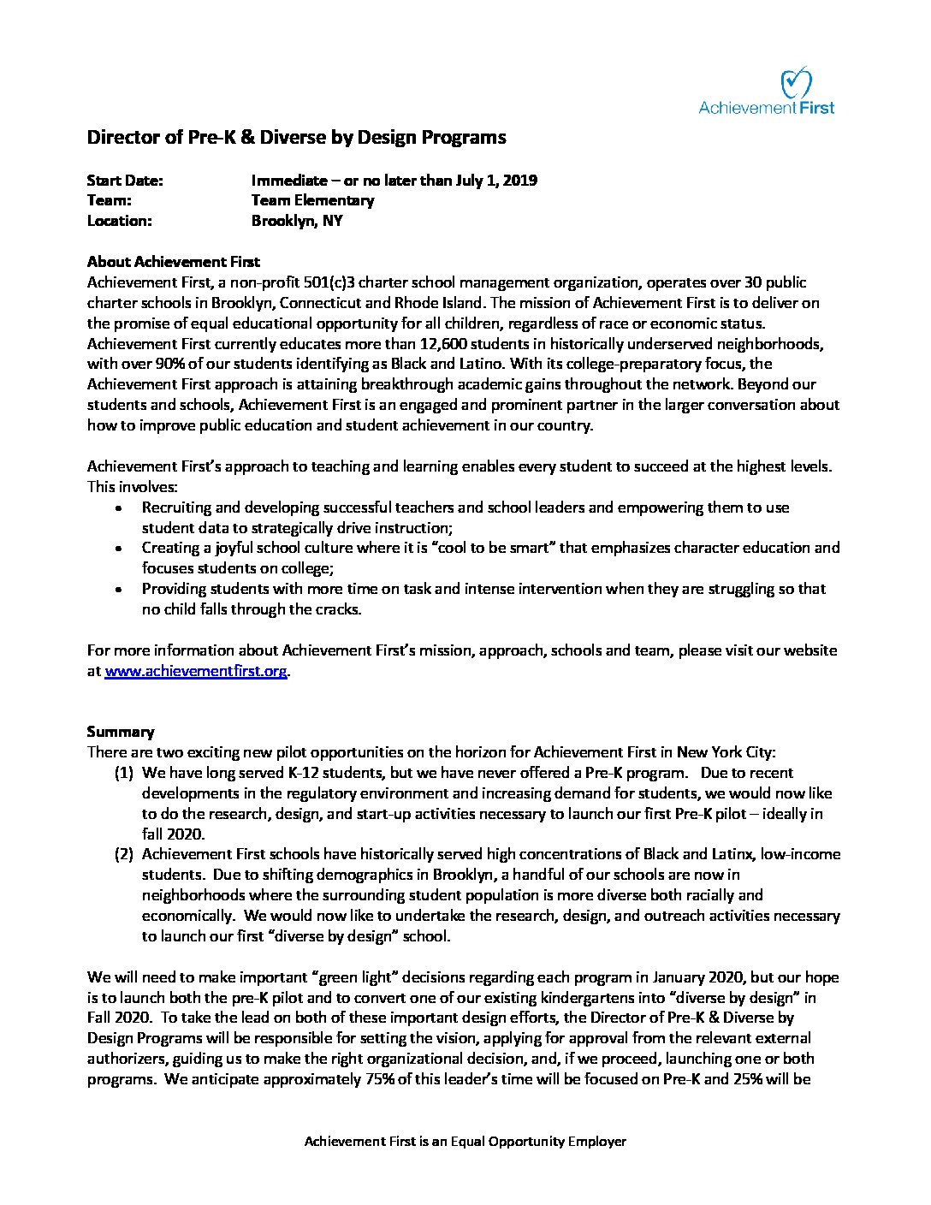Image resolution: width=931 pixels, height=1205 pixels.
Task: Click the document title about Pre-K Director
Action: coord(296,137)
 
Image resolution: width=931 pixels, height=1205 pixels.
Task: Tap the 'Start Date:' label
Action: coord(125,181)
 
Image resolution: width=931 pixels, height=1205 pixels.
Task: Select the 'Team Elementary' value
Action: coord(312,200)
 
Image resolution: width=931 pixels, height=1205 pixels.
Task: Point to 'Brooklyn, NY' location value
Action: coord(297,221)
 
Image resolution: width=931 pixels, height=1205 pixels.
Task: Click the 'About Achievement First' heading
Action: coord(174,262)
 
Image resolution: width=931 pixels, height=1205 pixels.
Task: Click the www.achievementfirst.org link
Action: coord(196,672)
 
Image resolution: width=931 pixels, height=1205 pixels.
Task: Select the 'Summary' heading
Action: coord(121,732)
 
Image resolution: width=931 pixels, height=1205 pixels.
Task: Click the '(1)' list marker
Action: coord(124,773)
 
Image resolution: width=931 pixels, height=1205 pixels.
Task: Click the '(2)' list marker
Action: coord(124,854)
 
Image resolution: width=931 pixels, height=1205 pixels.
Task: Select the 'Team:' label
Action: coord(109,200)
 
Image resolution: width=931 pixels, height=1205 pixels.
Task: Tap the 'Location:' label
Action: coord(119,221)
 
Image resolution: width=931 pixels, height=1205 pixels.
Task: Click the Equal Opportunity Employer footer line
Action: coord(465,1142)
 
